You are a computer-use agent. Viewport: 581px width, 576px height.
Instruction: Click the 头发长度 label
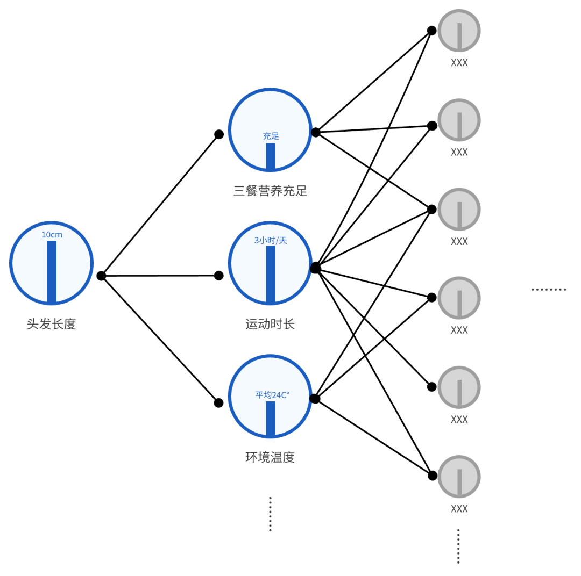click(x=52, y=325)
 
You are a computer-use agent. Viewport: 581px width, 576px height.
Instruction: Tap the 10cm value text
click(x=52, y=235)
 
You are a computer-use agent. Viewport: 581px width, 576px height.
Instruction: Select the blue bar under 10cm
click(x=52, y=271)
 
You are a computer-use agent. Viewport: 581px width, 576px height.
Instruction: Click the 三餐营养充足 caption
click(x=270, y=191)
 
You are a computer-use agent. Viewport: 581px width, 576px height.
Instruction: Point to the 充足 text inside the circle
click(x=271, y=136)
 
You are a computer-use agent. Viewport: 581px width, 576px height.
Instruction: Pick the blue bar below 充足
click(x=271, y=156)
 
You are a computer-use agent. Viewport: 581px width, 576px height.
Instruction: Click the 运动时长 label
click(x=270, y=325)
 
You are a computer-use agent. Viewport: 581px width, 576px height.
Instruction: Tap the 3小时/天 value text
click(x=271, y=240)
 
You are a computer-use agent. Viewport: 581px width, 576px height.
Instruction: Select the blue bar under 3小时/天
click(x=271, y=274)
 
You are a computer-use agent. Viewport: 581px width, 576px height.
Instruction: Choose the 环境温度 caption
click(x=270, y=457)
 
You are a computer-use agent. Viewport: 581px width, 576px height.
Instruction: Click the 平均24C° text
click(x=272, y=395)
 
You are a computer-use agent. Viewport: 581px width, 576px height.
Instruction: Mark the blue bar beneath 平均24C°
click(x=271, y=418)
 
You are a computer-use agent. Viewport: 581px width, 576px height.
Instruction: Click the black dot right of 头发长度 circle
click(x=101, y=276)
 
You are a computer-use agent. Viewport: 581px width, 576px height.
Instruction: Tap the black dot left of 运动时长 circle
click(x=219, y=276)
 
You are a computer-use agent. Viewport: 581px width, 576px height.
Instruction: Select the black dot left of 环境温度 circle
click(x=218, y=402)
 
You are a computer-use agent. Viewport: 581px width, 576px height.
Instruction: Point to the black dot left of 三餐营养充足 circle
click(x=219, y=134)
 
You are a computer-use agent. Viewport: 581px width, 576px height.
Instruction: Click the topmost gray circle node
click(x=459, y=31)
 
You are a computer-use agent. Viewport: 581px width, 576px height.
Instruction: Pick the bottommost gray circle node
click(x=459, y=477)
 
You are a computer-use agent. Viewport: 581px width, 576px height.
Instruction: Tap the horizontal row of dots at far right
click(x=549, y=290)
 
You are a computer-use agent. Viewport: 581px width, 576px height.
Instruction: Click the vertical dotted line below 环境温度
click(x=270, y=514)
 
